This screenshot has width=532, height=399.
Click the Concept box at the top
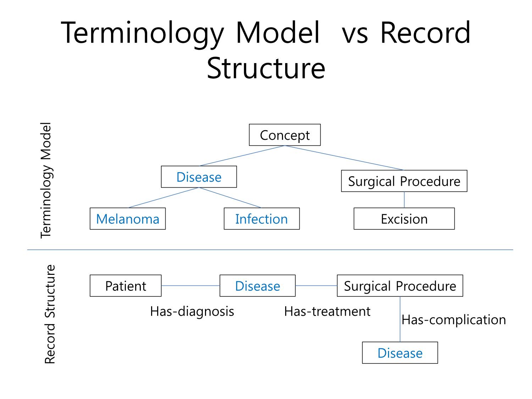284,135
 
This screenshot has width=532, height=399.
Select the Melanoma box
127,218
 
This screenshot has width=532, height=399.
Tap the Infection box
261,218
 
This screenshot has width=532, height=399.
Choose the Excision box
404,218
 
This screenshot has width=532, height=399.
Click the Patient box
126,286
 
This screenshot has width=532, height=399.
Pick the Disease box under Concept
199,177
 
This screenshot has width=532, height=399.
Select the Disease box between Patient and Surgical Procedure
257,286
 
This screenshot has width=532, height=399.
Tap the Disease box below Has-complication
400,353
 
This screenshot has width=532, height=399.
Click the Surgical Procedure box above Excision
404,181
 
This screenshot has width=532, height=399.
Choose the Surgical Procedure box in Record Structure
400,286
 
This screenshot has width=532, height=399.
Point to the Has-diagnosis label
192,311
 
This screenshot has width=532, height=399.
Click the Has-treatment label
327,311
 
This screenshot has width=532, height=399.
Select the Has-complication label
454,320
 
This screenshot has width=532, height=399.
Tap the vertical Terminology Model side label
46,180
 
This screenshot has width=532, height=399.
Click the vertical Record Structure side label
50,314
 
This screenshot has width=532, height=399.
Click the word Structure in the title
266,68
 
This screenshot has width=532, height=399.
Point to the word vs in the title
355,35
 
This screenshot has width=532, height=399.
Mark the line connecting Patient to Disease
190,286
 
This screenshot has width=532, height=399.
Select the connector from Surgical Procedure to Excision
404,200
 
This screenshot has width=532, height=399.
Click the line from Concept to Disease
242,156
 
